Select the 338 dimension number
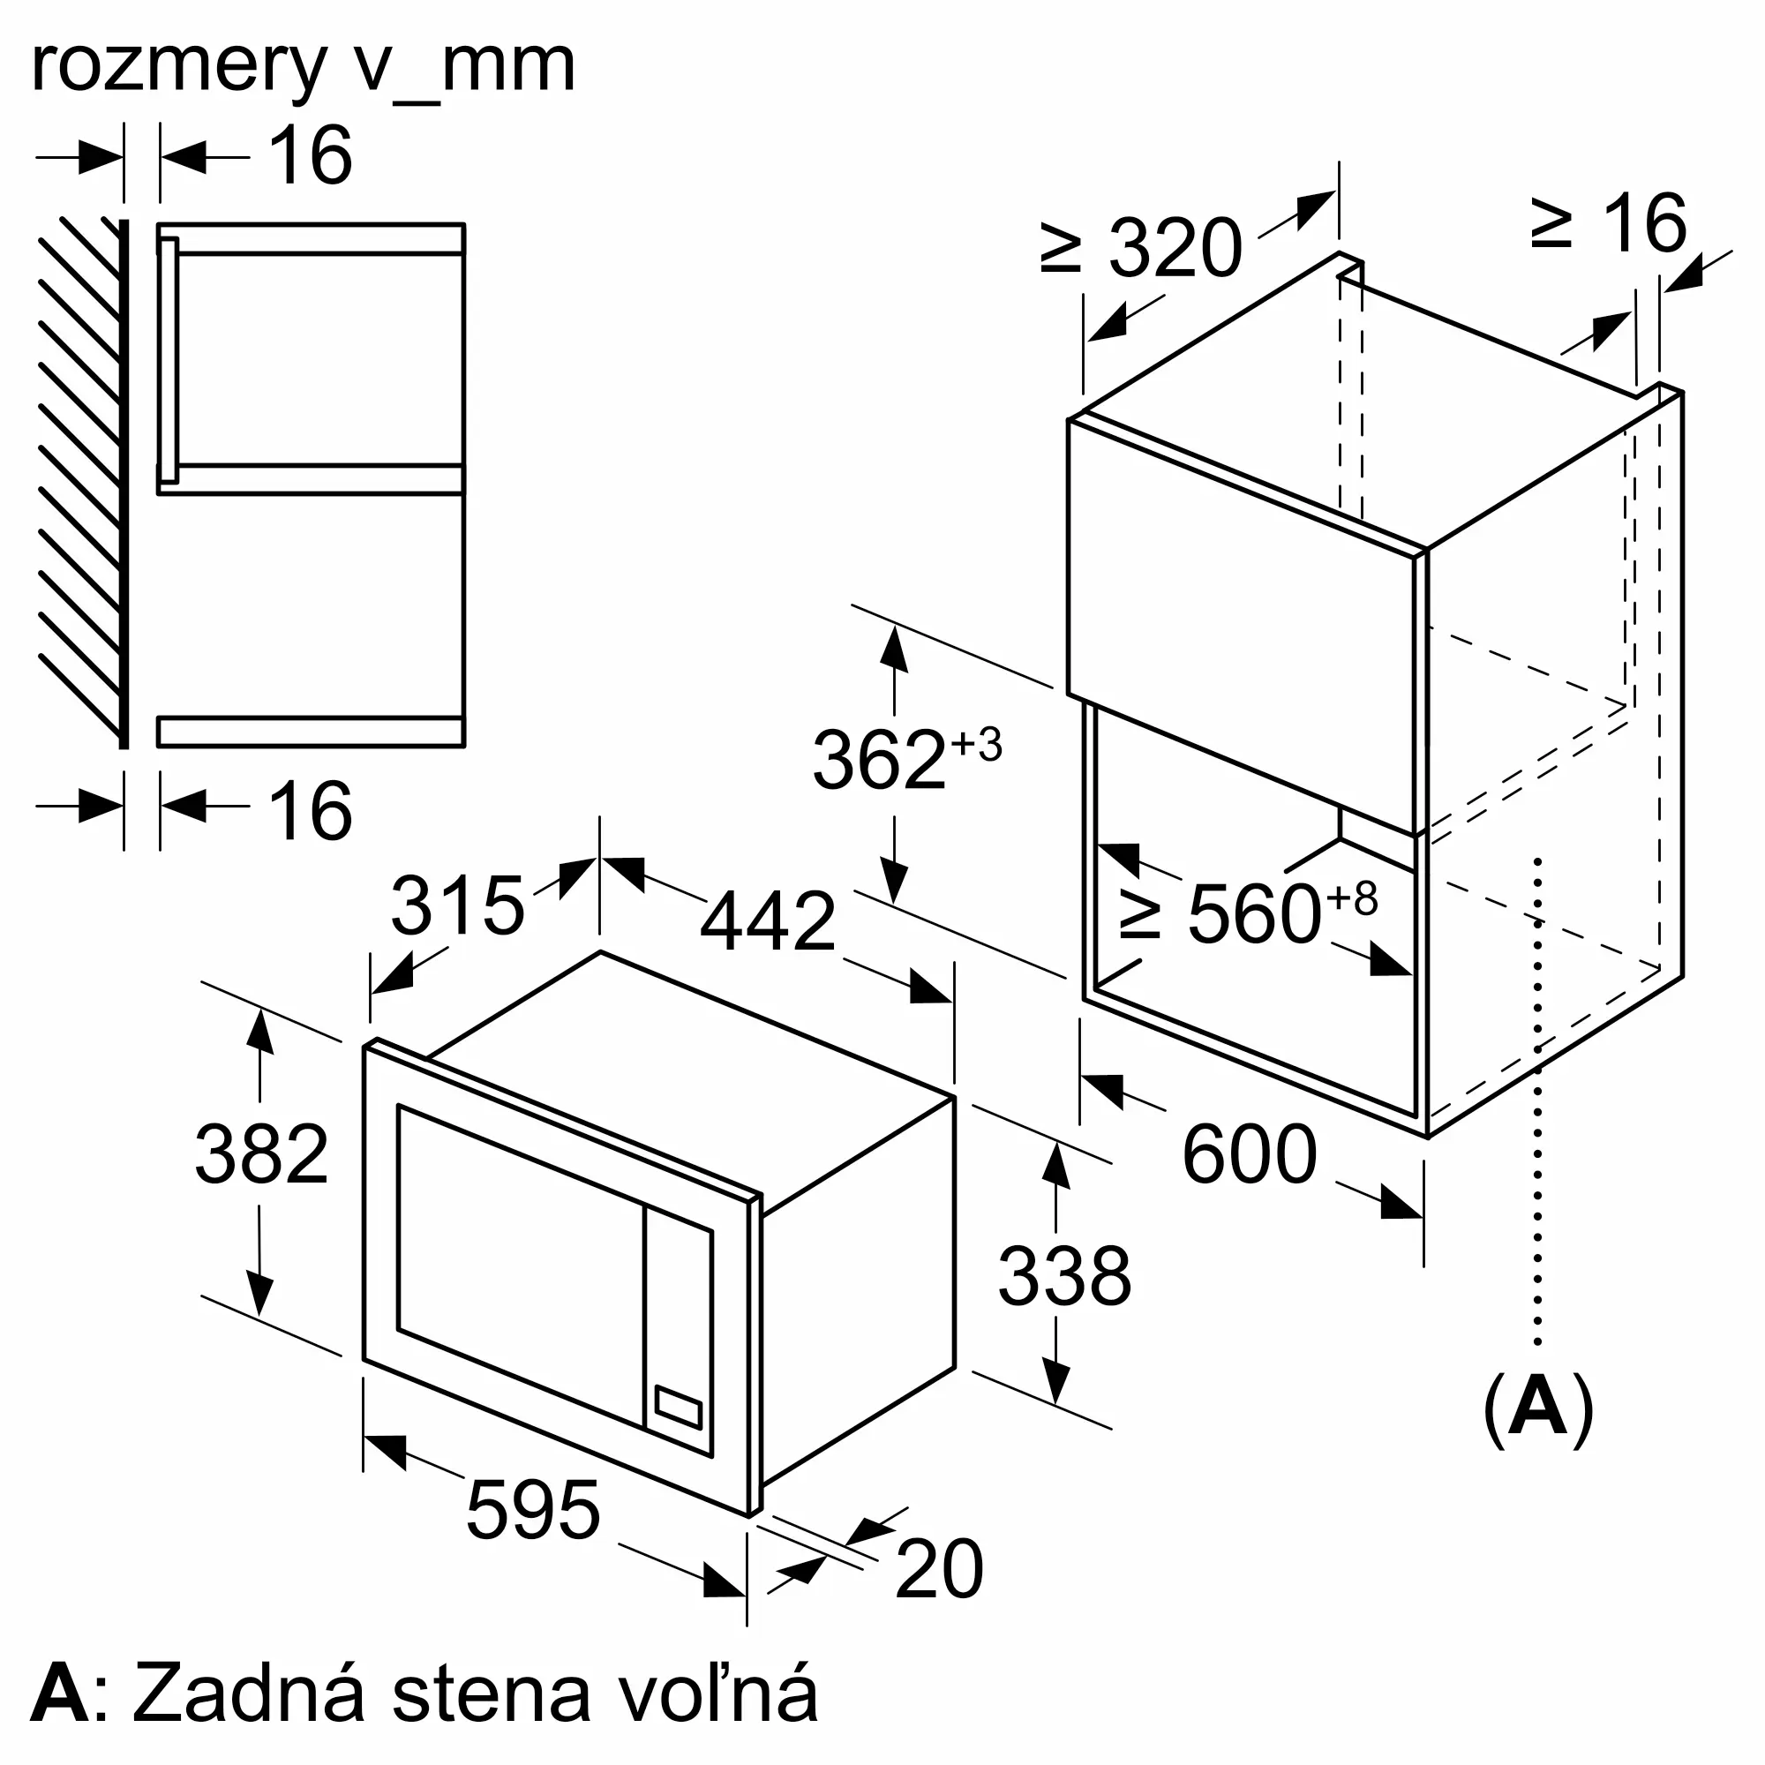1064,1276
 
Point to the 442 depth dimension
768,920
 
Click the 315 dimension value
457,905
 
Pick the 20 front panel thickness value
939,1569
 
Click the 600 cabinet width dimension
1249,1154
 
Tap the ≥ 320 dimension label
1141,247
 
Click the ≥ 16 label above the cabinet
1609,223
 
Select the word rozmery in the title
179,67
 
